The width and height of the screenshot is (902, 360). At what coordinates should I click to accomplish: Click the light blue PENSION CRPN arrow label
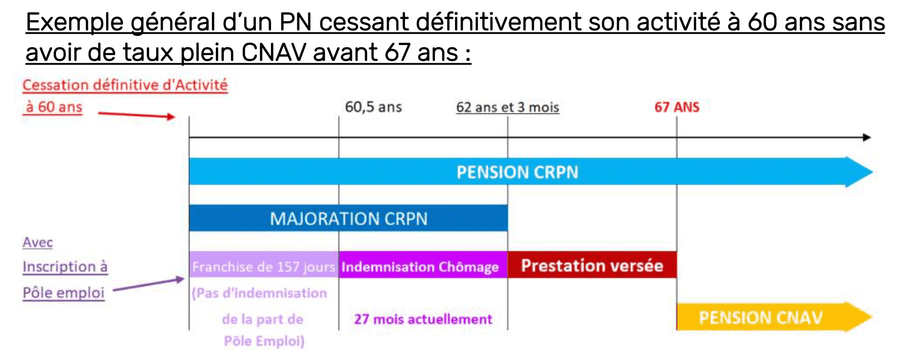click(517, 172)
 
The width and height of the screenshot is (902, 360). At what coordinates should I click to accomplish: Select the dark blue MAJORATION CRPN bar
click(348, 218)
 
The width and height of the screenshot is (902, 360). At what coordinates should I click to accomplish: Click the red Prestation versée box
click(592, 265)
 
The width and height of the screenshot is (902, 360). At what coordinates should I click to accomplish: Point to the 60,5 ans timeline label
click(374, 107)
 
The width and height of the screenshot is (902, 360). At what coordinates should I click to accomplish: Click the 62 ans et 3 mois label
click(508, 107)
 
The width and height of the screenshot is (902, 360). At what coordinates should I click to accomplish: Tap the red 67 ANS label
click(677, 107)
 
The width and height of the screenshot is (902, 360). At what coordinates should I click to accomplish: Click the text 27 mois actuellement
click(423, 319)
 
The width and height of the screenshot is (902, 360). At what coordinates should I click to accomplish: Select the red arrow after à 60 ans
click(136, 115)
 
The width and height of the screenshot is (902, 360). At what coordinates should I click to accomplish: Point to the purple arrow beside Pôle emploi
click(149, 284)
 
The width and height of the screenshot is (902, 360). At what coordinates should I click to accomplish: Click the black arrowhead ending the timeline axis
click(867, 137)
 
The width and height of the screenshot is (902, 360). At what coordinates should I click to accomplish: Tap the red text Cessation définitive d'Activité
click(125, 85)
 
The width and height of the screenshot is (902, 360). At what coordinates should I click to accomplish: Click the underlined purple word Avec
click(38, 242)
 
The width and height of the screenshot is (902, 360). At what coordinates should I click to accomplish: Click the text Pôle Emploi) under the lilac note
click(264, 341)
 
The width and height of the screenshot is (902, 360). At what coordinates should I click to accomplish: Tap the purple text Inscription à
click(65, 266)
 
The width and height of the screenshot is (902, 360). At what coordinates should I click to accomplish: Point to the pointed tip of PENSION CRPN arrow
click(872, 172)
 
